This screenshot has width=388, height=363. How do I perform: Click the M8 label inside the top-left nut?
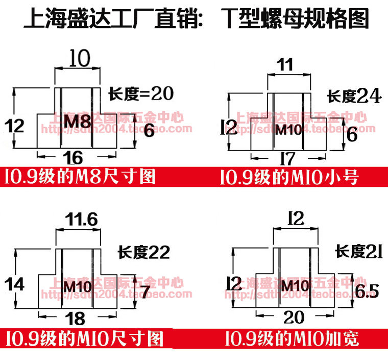click(x=78, y=122)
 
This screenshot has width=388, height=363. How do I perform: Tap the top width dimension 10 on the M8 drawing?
click(x=80, y=59)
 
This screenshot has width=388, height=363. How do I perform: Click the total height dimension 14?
click(x=17, y=283)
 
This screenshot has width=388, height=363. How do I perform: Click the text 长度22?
click(x=143, y=252)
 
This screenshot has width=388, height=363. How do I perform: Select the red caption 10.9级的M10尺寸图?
click(x=85, y=338)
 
